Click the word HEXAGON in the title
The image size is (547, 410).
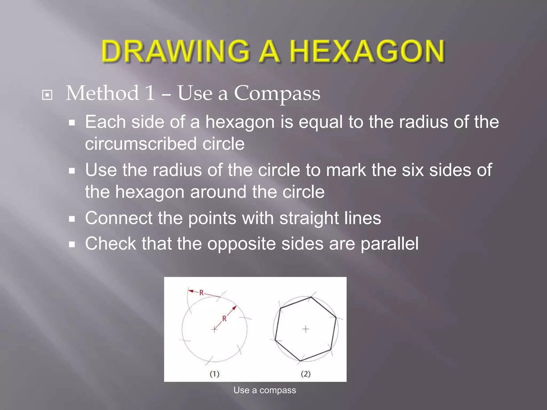click(x=367, y=51)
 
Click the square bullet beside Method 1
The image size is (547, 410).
click(x=47, y=95)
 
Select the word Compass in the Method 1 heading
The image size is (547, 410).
click(x=277, y=93)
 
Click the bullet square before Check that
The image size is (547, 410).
click(x=72, y=244)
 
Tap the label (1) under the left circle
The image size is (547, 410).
click(x=214, y=374)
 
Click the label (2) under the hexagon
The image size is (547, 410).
click(x=306, y=374)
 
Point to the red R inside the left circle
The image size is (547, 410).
click(x=224, y=318)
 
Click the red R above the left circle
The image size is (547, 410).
click(x=202, y=293)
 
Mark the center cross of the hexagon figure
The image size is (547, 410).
click(x=306, y=329)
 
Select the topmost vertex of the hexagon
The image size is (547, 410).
click(x=311, y=297)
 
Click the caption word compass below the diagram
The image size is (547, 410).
click(x=278, y=390)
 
